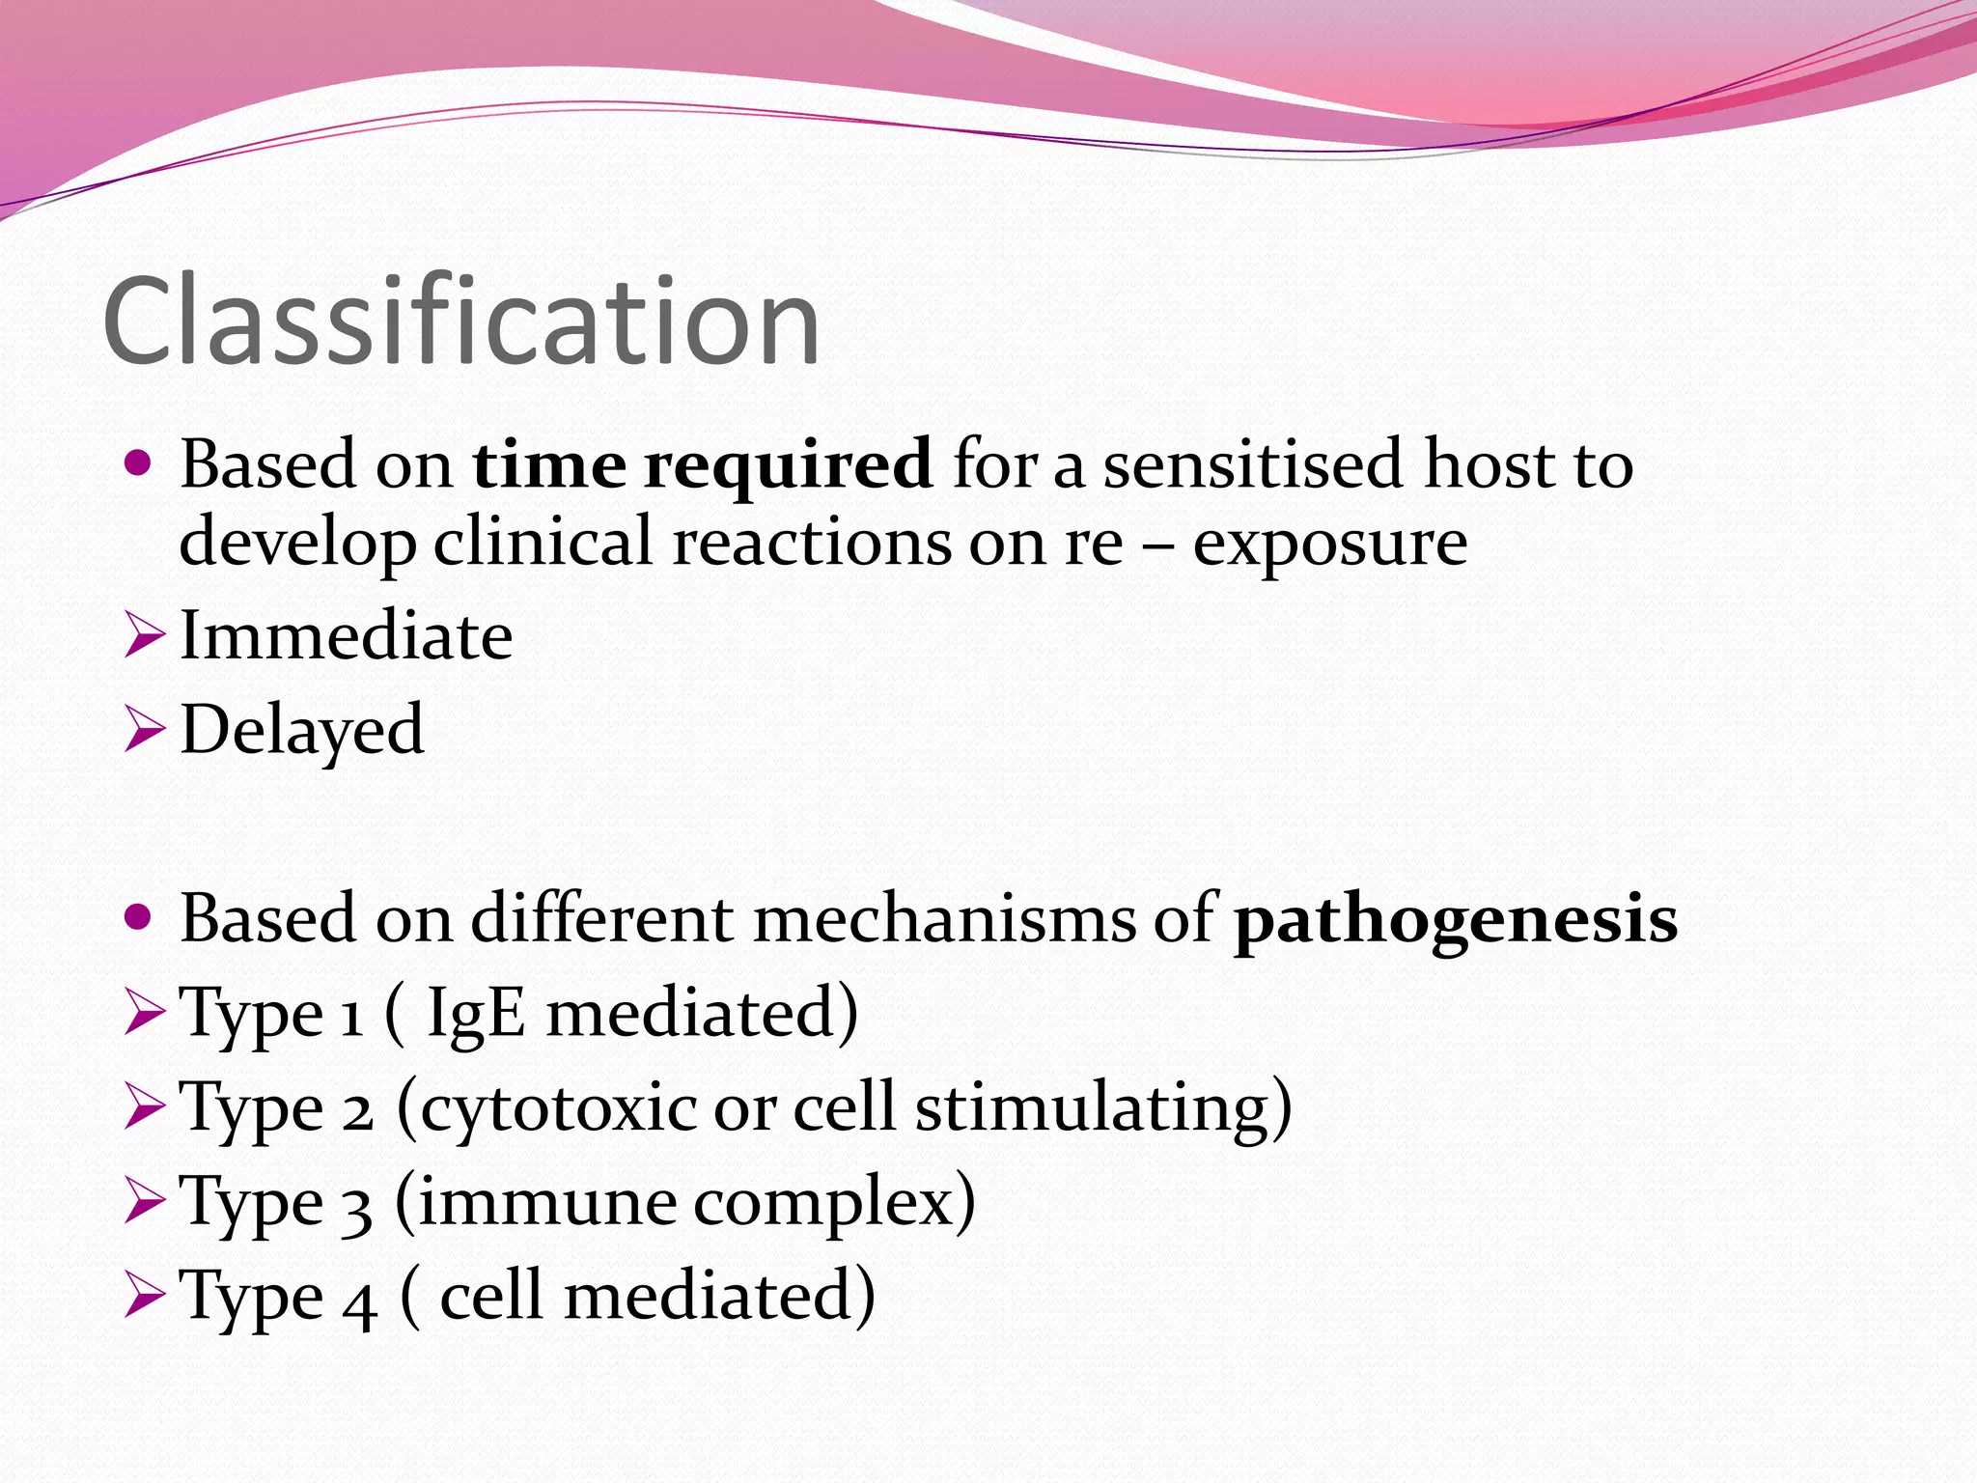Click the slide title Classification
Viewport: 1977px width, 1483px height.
(461, 322)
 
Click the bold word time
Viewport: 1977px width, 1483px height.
(549, 465)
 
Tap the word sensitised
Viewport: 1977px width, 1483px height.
(1252, 465)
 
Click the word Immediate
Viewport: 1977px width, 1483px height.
(347, 637)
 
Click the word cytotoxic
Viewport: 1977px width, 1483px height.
(559, 1108)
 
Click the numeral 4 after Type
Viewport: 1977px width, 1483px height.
(359, 1300)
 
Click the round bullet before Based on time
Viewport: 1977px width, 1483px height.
(139, 464)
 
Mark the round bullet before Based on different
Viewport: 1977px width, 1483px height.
(139, 917)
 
